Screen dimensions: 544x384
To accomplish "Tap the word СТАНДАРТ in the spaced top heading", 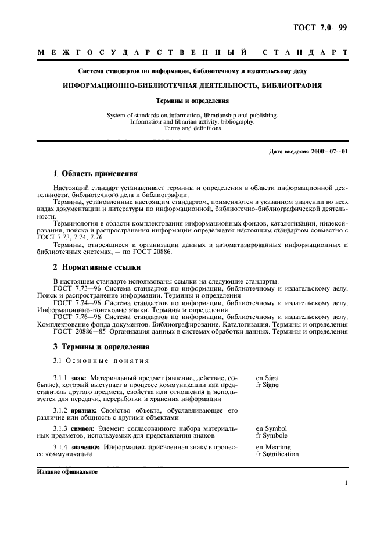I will tap(304, 53).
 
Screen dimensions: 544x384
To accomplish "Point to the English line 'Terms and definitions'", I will tap(192, 128).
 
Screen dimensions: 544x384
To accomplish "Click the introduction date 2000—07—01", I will tap(327, 151).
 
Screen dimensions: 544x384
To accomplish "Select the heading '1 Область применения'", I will tap(95, 173).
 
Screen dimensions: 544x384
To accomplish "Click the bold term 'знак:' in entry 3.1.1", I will tap(80, 378).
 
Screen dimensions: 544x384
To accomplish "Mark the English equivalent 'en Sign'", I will tap(267, 378).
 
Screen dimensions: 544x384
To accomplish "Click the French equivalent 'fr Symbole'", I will tap(271, 435).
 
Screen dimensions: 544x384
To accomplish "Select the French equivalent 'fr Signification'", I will tap(277, 454).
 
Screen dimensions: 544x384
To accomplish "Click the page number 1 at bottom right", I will tap(346, 483).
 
